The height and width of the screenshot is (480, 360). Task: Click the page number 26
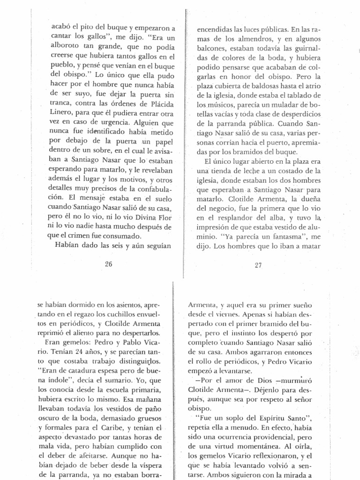coord(109,264)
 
